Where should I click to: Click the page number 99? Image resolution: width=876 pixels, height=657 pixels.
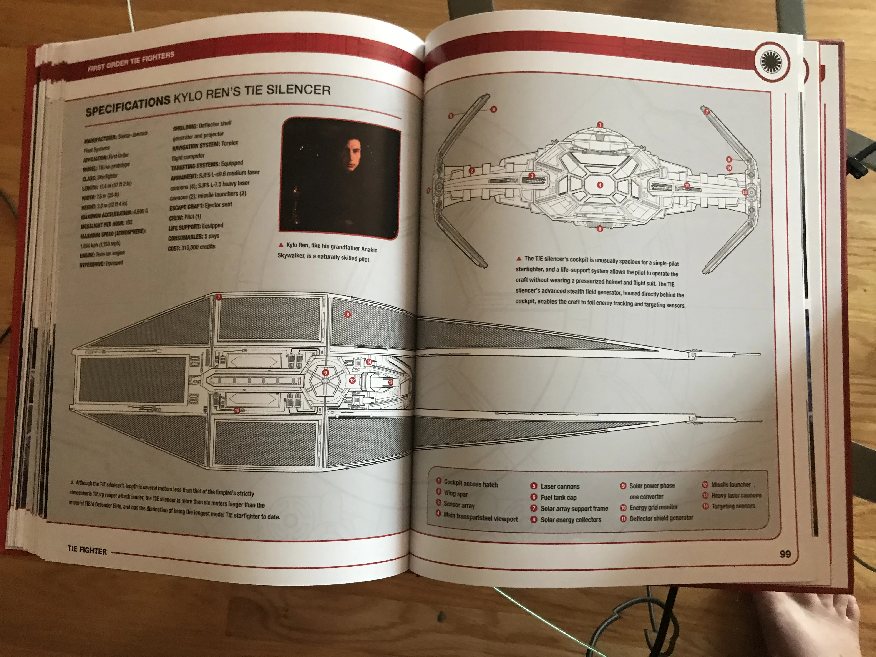point(785,554)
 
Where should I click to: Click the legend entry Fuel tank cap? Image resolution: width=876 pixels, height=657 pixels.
point(558,497)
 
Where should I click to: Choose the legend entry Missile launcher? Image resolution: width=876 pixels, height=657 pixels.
point(731,484)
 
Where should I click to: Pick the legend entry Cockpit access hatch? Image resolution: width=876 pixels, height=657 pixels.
point(470,484)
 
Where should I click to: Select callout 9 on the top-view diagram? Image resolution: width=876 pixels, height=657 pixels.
point(325,373)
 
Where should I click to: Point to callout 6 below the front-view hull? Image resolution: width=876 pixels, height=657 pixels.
point(600,229)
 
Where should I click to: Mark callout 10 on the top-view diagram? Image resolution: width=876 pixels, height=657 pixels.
point(237,411)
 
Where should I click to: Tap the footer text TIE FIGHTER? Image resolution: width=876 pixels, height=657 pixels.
point(87,551)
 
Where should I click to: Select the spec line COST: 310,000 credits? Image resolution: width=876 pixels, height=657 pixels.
point(192,247)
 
